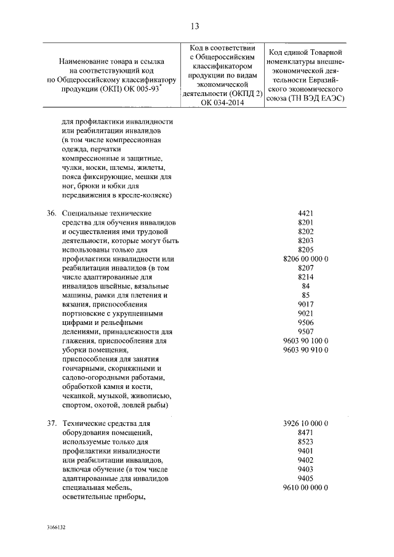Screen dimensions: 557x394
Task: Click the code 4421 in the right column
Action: click(x=306, y=213)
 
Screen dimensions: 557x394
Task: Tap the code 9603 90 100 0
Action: click(x=306, y=341)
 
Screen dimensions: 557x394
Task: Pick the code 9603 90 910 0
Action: click(x=306, y=350)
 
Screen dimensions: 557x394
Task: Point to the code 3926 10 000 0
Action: click(x=306, y=423)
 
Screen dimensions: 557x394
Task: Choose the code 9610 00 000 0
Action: click(x=306, y=487)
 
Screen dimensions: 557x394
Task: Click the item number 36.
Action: click(x=52, y=213)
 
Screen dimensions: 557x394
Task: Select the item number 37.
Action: click(x=52, y=423)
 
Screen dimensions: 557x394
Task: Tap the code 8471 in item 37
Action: click(x=306, y=433)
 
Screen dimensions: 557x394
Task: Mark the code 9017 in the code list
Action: click(x=306, y=305)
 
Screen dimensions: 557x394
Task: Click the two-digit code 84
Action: click(x=306, y=286)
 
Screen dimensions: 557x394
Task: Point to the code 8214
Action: click(x=306, y=277)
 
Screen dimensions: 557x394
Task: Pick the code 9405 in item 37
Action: click(x=306, y=478)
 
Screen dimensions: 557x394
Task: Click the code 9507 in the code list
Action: click(x=306, y=332)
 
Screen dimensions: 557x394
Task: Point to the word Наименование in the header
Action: click(x=84, y=62)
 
